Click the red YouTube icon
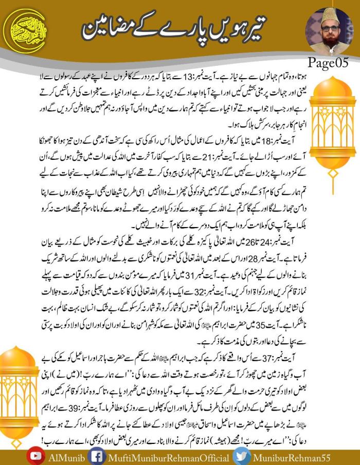[35, 457]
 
